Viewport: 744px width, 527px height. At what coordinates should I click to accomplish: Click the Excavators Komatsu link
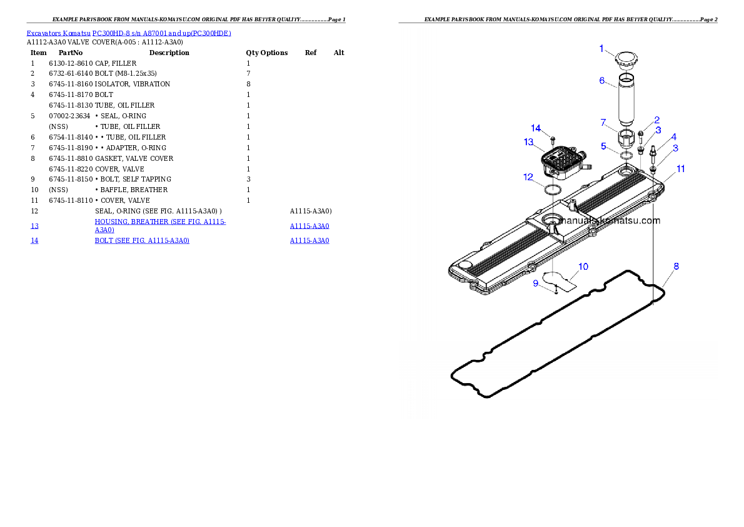(x=58, y=33)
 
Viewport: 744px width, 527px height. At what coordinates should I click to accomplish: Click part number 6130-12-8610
(x=71, y=63)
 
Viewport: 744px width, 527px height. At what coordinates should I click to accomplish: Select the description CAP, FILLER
(x=116, y=63)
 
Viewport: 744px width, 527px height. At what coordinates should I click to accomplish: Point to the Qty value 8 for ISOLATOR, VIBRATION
(x=248, y=84)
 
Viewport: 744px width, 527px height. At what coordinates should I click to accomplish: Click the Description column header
(x=169, y=53)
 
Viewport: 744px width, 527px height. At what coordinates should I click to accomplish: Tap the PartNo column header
(x=71, y=53)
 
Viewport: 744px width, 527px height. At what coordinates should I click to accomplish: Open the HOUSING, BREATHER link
(x=161, y=226)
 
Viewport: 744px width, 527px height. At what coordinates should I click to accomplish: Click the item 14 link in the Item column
(x=34, y=240)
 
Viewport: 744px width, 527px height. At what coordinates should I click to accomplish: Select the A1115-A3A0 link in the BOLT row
(x=309, y=240)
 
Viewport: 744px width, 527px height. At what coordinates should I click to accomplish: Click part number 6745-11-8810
(x=71, y=158)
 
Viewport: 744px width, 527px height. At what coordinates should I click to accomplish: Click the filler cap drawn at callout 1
(x=626, y=60)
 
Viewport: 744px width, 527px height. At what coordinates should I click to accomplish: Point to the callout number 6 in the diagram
(x=601, y=81)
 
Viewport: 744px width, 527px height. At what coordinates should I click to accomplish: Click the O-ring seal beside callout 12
(x=552, y=190)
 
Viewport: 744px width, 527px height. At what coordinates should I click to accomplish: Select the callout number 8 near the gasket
(x=676, y=267)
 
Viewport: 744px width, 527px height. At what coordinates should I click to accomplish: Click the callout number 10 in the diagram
(x=583, y=267)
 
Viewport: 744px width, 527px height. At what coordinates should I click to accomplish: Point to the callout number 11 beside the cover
(x=681, y=169)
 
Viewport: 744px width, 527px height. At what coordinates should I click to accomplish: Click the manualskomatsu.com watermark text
(x=610, y=220)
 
